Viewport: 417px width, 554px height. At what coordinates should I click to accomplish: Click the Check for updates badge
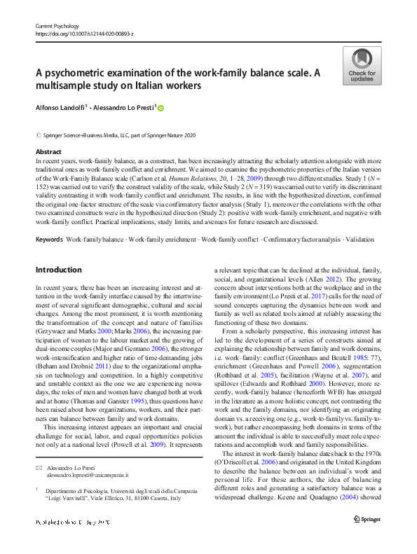pos(362,66)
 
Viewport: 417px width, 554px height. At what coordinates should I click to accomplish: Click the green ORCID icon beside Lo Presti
pos(160,108)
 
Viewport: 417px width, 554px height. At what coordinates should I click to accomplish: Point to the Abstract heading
pos(48,152)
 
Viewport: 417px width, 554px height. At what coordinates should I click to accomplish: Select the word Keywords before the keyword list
pos(48,240)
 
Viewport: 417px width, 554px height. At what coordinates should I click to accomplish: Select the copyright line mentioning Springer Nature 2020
pos(116,134)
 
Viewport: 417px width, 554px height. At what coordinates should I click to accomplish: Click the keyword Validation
pos(360,240)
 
